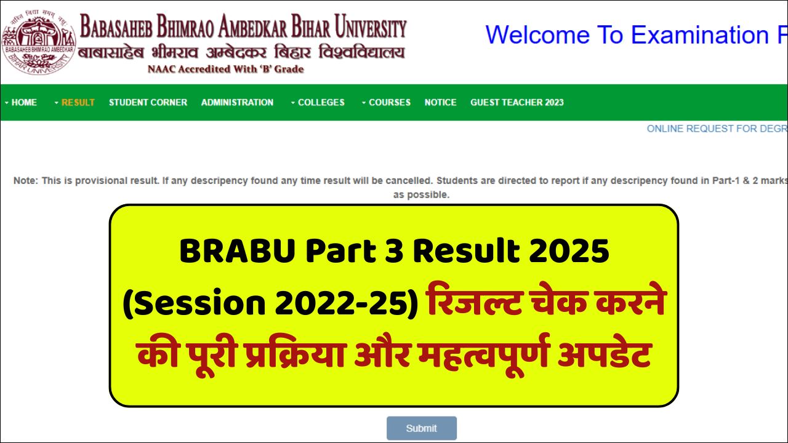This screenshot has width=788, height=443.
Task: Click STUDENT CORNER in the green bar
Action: coord(148,103)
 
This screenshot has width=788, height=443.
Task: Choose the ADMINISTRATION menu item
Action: coord(237,103)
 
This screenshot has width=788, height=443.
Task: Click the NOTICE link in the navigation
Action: coord(440,103)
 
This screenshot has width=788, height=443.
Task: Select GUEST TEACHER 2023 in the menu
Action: coord(517,103)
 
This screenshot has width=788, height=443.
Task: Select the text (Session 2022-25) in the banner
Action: coord(270,306)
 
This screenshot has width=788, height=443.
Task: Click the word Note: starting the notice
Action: coord(25,182)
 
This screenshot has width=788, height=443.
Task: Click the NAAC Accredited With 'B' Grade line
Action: coord(225,70)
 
